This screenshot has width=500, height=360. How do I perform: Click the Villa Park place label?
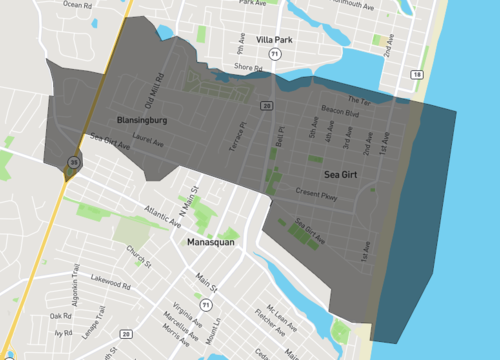coord(273,41)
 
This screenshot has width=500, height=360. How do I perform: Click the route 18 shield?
coord(416,76)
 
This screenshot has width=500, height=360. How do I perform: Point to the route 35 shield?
coord(73,161)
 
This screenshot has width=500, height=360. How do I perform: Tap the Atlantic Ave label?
coord(162,215)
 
